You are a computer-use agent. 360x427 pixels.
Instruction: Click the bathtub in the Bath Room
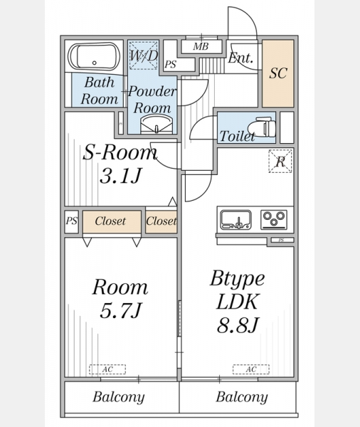tap(94, 57)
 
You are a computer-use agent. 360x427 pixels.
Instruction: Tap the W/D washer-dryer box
tap(143, 56)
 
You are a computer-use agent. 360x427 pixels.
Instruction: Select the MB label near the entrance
tap(201, 46)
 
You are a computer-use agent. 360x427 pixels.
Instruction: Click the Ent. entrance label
tap(240, 58)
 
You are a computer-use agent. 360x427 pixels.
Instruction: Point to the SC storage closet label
tap(278, 73)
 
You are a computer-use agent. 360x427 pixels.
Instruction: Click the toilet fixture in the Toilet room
tap(262, 127)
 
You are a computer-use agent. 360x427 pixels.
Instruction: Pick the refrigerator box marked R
tap(280, 162)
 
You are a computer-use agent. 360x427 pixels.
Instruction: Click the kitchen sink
tap(235, 219)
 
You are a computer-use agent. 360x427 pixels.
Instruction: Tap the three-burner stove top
tap(274, 219)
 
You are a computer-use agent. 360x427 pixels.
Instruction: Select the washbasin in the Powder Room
tap(157, 124)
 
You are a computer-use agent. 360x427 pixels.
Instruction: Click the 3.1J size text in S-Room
tap(121, 176)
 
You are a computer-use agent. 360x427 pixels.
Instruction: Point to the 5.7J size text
tap(121, 311)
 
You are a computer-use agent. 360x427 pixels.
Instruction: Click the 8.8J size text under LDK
tap(238, 325)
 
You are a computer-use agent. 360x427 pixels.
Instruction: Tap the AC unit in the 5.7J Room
tap(107, 369)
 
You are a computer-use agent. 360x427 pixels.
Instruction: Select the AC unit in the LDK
tap(251, 369)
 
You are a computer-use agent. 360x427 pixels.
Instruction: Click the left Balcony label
tap(118, 397)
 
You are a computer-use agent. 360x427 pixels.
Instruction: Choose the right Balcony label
tap(242, 397)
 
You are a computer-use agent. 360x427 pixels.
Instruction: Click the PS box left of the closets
tap(72, 221)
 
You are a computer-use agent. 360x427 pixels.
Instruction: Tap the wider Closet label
tap(110, 221)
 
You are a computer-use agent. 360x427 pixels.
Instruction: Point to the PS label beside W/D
tap(171, 65)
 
